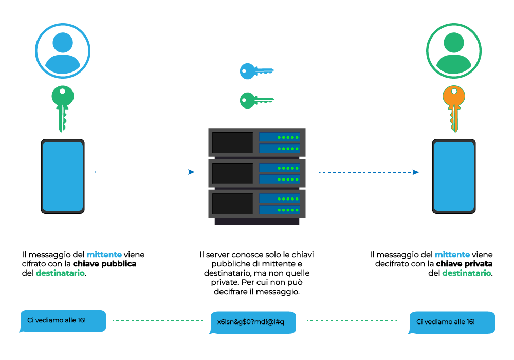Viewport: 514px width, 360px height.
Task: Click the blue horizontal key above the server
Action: [x=255, y=71]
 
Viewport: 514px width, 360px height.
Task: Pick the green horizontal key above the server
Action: [x=255, y=100]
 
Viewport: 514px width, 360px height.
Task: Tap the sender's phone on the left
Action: [x=63, y=175]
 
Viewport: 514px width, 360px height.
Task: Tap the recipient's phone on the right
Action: [x=453, y=175]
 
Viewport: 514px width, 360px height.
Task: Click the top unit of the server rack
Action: [x=257, y=142]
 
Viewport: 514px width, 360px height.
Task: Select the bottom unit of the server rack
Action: [x=257, y=204]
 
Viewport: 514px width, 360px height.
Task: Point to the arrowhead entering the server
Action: [x=191, y=172]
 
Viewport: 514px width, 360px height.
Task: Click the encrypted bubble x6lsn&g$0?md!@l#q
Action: [x=253, y=322]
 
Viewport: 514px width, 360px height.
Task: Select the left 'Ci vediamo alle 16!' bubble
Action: [x=63, y=320]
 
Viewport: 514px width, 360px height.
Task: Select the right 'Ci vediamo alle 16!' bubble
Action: [x=452, y=322]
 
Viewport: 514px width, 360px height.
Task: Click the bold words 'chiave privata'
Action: [x=465, y=264]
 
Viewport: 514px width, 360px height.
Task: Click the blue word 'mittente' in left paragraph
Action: [x=104, y=255]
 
